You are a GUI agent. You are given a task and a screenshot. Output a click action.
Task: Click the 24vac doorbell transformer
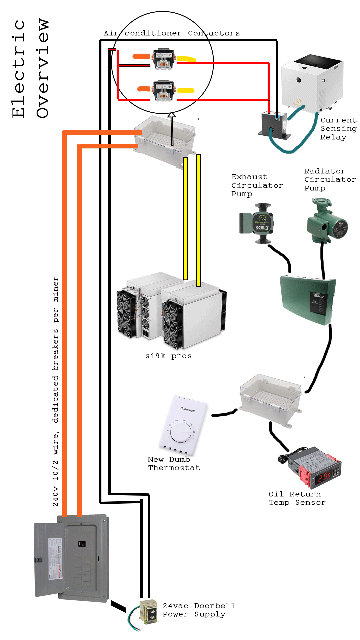point(149,612)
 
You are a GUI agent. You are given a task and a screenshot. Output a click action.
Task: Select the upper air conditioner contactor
point(164,59)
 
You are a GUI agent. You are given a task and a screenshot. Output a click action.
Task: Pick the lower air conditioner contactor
point(164,90)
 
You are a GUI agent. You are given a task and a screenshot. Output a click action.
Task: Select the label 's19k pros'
point(168,356)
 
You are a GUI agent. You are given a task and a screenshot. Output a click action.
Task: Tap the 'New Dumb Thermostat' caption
point(174,464)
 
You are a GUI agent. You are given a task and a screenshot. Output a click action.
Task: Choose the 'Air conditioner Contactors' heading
point(172,33)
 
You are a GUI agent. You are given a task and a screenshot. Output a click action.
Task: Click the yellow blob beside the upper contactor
point(186,59)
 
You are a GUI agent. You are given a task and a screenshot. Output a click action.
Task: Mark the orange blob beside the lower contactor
point(144,89)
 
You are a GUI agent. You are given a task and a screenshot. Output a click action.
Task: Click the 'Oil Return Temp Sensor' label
point(297,498)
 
